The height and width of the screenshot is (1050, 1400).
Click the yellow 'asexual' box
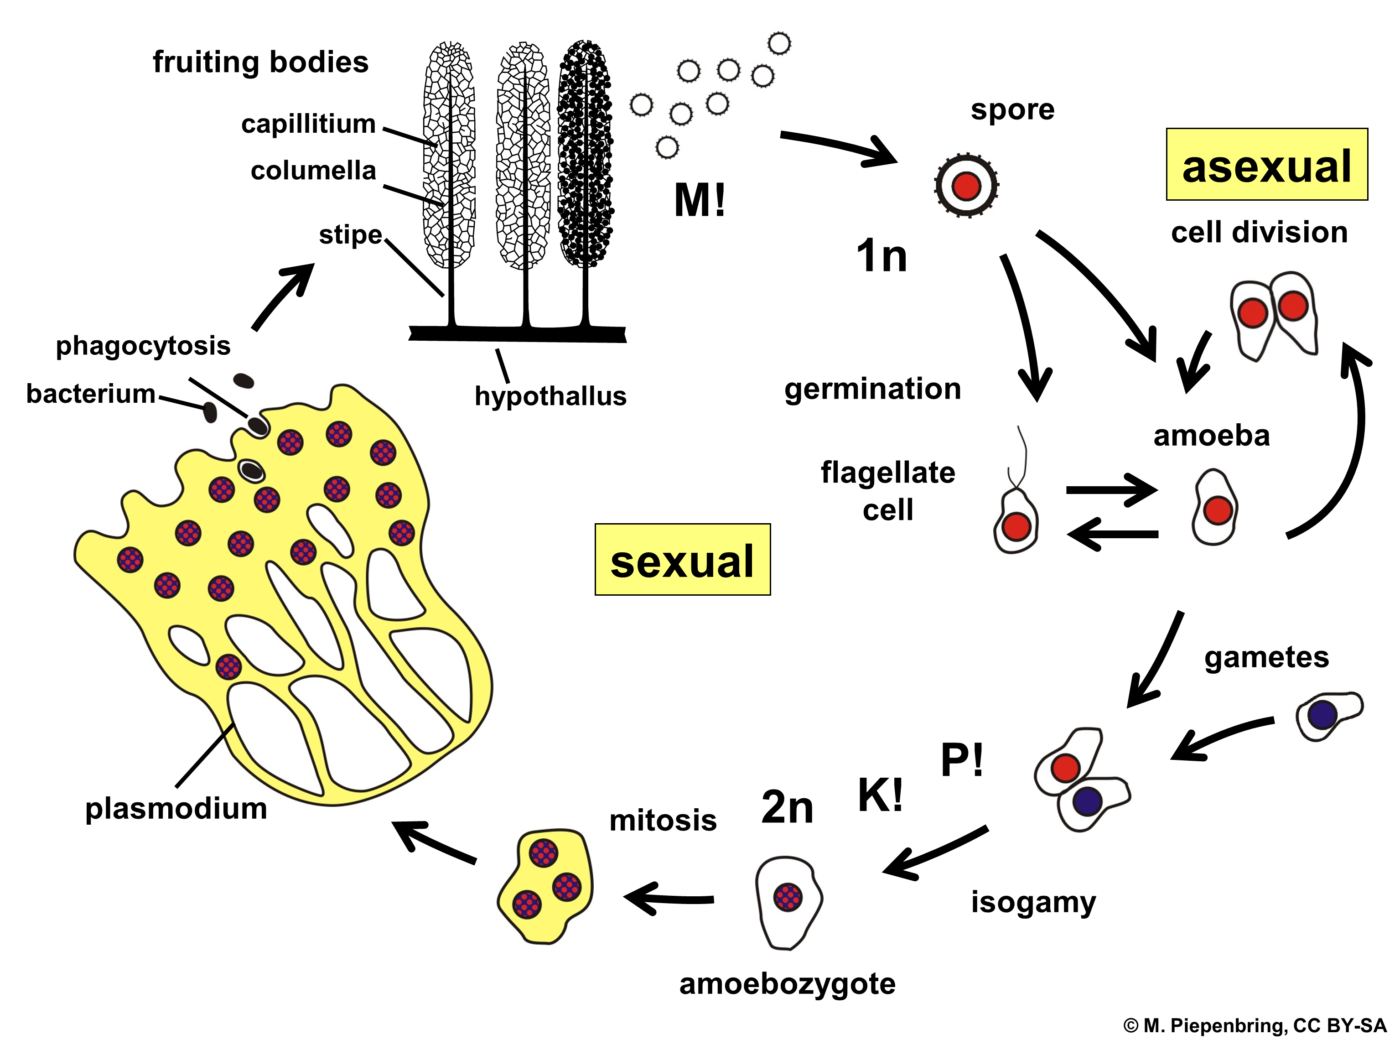click(x=1266, y=165)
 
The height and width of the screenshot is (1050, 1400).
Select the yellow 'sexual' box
click(x=682, y=560)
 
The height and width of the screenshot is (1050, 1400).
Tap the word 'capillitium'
click(x=308, y=124)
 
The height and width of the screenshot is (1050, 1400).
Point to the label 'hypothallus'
click(x=550, y=396)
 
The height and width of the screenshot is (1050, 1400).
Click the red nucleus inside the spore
click(x=966, y=186)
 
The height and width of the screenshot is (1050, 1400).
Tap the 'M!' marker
click(x=700, y=201)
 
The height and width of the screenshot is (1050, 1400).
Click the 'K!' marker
click(x=880, y=795)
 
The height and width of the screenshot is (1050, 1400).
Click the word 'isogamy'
click(x=1033, y=902)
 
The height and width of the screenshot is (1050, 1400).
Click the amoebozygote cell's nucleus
click(x=788, y=897)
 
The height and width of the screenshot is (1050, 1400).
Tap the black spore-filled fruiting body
click(x=586, y=152)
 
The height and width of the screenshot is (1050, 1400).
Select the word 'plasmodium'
click(x=176, y=809)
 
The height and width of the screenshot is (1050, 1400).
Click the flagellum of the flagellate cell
click(x=1021, y=456)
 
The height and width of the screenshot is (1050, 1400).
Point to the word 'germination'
click(x=872, y=389)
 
